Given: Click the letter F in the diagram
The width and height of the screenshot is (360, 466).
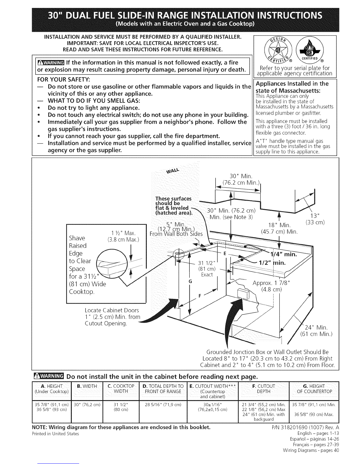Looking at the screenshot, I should (x=200, y=296).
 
